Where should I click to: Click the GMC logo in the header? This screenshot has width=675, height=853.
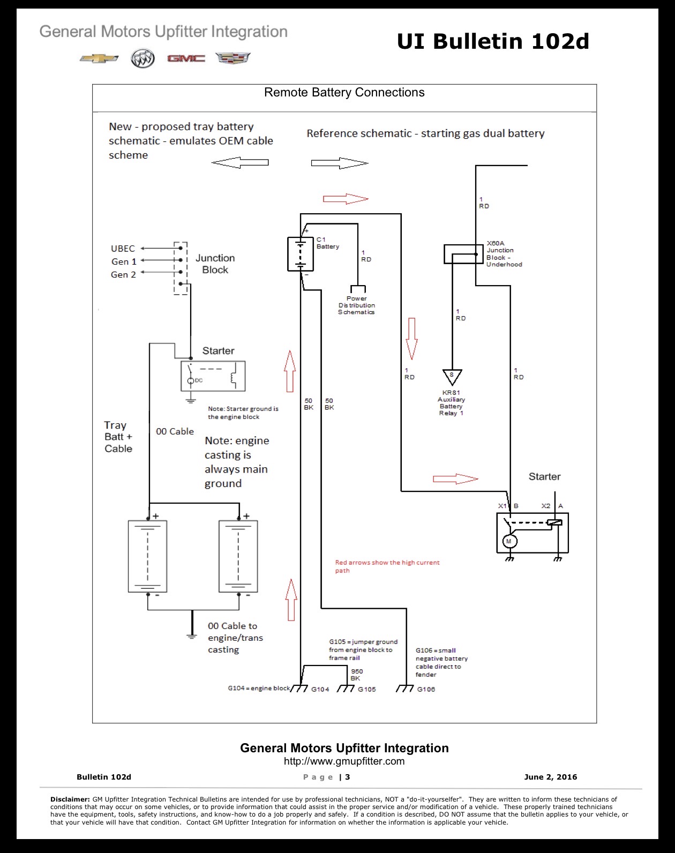pyautogui.click(x=186, y=58)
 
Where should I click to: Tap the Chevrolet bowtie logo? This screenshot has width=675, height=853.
pyautogui.click(x=99, y=58)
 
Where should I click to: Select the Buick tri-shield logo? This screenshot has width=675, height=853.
pyautogui.click(x=142, y=58)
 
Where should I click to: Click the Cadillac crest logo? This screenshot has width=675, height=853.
pyautogui.click(x=233, y=58)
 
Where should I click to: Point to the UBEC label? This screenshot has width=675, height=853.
pyautogui.click(x=123, y=249)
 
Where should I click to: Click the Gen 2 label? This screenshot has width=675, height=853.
pyautogui.click(x=123, y=275)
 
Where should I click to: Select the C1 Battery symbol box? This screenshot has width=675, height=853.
pyautogui.click(x=301, y=254)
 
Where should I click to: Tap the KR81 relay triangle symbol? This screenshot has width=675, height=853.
pyautogui.click(x=452, y=377)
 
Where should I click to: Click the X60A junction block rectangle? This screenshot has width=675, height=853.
pyautogui.click(x=463, y=254)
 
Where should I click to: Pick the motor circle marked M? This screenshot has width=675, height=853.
pyautogui.click(x=509, y=541)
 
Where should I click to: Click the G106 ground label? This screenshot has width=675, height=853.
pyautogui.click(x=426, y=689)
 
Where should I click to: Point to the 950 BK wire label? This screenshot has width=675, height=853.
pyautogui.click(x=357, y=675)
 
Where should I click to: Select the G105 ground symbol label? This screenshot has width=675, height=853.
pyautogui.click(x=366, y=689)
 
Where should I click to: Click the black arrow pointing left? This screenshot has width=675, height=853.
pyautogui.click(x=240, y=162)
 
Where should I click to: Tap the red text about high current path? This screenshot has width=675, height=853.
pyautogui.click(x=387, y=566)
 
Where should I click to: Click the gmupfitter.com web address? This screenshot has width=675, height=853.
pyautogui.click(x=344, y=761)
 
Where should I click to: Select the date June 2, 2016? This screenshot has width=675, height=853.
pyautogui.click(x=551, y=777)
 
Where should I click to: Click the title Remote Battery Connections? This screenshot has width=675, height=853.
pyautogui.click(x=344, y=92)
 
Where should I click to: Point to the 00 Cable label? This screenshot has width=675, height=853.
pyautogui.click(x=175, y=431)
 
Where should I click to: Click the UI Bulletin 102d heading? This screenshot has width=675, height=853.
pyautogui.click(x=493, y=41)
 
